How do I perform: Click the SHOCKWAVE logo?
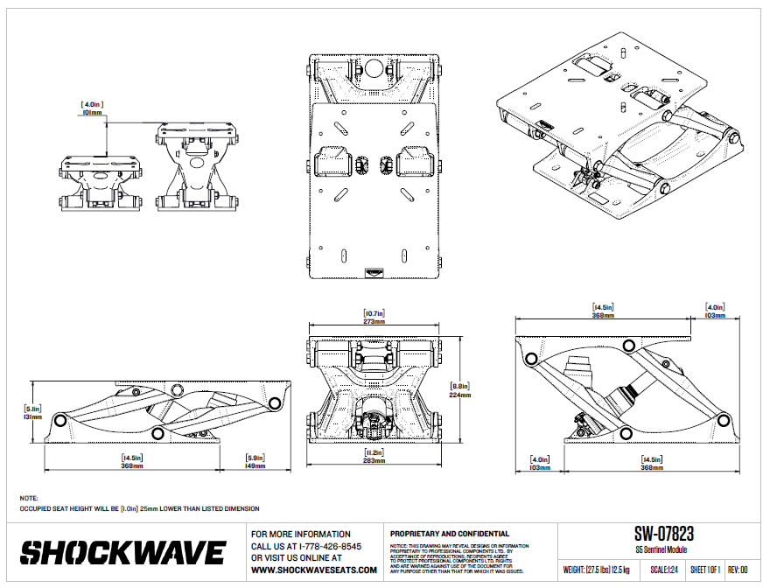click(x=123, y=553)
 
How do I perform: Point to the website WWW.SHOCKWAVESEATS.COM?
click(x=314, y=570)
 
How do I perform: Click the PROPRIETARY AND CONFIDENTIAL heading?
click(x=449, y=534)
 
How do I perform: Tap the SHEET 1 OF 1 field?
click(x=705, y=570)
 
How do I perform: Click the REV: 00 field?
click(x=739, y=570)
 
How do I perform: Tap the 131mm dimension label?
click(x=33, y=417)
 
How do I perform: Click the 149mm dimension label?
click(x=256, y=466)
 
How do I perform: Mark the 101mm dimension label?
click(x=92, y=112)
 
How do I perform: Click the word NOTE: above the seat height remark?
click(x=29, y=498)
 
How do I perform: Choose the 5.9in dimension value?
click(x=256, y=458)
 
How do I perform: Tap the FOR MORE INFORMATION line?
click(x=300, y=534)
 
